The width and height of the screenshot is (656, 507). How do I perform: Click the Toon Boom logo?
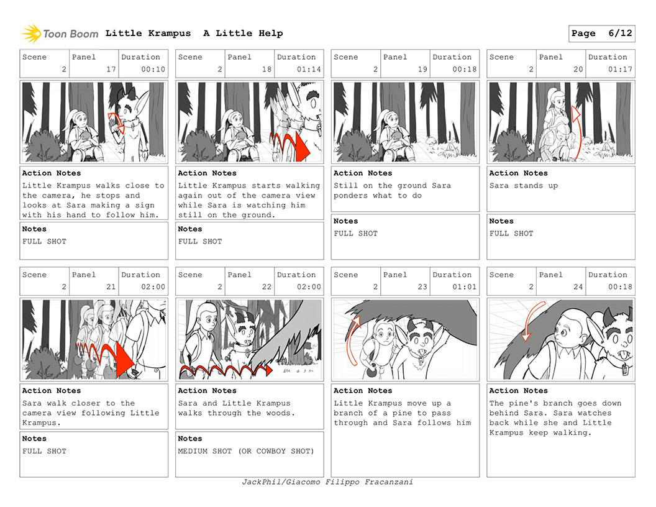[x=60, y=34]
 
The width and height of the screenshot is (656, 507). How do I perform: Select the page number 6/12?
[x=620, y=34]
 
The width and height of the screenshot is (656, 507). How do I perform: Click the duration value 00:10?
[x=153, y=70]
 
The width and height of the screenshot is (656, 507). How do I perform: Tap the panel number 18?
[x=267, y=70]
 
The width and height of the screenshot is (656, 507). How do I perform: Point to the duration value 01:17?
[x=620, y=70]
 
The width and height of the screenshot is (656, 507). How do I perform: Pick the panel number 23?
[x=422, y=287]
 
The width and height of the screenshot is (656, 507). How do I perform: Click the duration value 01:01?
[x=465, y=287]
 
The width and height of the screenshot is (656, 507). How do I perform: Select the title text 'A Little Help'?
[x=243, y=34]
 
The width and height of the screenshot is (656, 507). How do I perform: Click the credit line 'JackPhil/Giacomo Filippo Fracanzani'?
[x=327, y=482]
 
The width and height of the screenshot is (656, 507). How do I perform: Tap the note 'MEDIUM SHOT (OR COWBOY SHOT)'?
[x=246, y=451]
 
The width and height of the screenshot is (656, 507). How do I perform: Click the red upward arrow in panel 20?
[x=576, y=133]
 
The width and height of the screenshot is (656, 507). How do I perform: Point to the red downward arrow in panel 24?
[x=532, y=320]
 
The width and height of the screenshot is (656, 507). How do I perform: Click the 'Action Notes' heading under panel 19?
[x=363, y=173]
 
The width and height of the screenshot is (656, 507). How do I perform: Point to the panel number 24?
[x=578, y=287]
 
